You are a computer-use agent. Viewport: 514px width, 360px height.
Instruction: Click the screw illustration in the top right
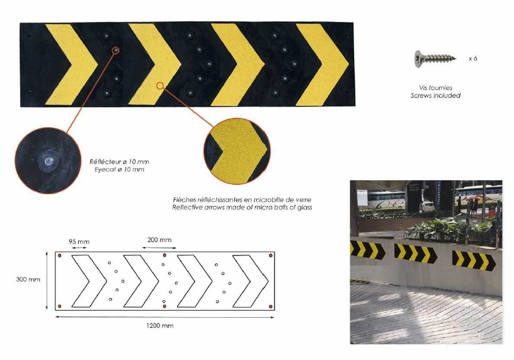(x=435, y=59)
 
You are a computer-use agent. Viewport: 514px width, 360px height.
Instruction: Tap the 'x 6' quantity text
(x=472, y=59)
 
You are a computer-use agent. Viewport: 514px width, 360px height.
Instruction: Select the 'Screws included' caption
(x=435, y=95)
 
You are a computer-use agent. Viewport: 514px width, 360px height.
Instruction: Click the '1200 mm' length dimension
(x=159, y=325)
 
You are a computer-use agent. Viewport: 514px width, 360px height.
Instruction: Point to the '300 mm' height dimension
(x=28, y=279)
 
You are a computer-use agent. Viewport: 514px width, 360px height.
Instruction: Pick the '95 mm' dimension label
(x=79, y=241)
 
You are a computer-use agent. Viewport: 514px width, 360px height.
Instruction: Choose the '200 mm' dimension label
(x=159, y=240)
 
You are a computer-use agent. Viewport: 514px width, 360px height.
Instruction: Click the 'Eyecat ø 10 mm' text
(x=119, y=170)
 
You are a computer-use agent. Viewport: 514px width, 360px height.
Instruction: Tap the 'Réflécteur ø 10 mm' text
(x=119, y=162)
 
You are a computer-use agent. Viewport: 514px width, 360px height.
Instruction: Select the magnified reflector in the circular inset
(x=48, y=161)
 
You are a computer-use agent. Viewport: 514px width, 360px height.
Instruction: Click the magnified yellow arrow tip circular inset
(x=237, y=151)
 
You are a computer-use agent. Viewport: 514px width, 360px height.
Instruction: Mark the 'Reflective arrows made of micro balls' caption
(x=243, y=207)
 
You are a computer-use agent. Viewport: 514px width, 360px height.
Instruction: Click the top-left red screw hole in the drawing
(x=60, y=255)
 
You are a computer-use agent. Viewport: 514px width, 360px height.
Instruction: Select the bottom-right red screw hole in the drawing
(x=270, y=306)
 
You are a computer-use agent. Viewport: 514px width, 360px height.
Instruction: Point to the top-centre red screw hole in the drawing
(x=164, y=255)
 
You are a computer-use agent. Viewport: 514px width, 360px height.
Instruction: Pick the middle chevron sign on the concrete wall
(x=415, y=253)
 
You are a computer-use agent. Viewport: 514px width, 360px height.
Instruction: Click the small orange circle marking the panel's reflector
(x=115, y=50)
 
